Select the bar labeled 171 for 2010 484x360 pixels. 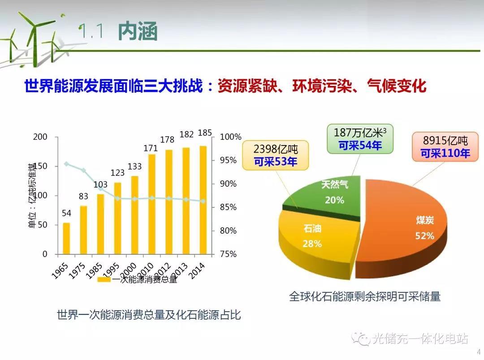pyautogui.click(x=152, y=204)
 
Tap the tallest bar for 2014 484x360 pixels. pyautogui.click(x=203, y=200)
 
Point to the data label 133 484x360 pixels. pyautogui.click(x=134, y=167)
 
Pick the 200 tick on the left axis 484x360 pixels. pyautogui.click(x=40, y=137)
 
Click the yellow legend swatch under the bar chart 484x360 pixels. pyautogui.click(x=104, y=280)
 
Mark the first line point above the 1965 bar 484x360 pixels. pyautogui.click(x=66, y=164)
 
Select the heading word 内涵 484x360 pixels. pyautogui.click(x=138, y=32)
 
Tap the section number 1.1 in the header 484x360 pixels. pyautogui.click(x=92, y=32)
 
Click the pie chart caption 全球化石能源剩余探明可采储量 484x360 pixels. pyautogui.click(x=365, y=296)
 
